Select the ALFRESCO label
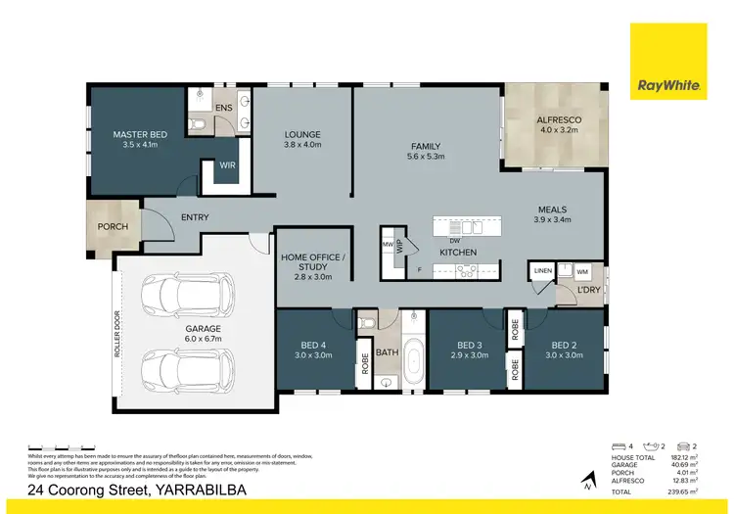[x=559, y=119]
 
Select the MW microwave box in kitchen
[x=388, y=244]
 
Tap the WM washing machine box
[x=581, y=271]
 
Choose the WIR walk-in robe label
[x=227, y=166]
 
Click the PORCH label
[x=112, y=226]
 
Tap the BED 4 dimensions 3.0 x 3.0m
[x=313, y=356]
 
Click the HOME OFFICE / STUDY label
[x=311, y=261]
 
